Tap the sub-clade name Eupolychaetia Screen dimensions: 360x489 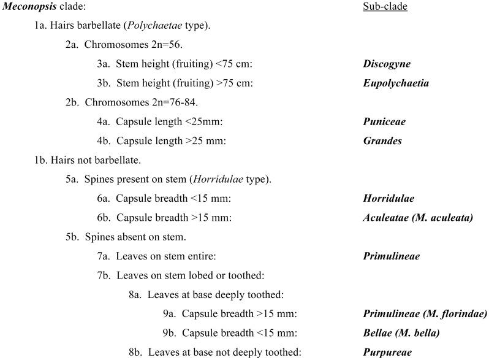click(395, 83)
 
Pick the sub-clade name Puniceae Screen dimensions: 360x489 click(384, 121)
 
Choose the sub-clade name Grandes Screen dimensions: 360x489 click(382, 141)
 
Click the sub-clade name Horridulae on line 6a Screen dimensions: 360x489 click(388, 199)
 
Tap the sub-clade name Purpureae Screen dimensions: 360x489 click(387, 352)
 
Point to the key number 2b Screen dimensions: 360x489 click(72, 102)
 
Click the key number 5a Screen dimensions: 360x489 click(72, 180)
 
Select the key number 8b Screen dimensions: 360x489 click(135, 352)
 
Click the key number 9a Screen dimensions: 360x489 click(169, 314)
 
